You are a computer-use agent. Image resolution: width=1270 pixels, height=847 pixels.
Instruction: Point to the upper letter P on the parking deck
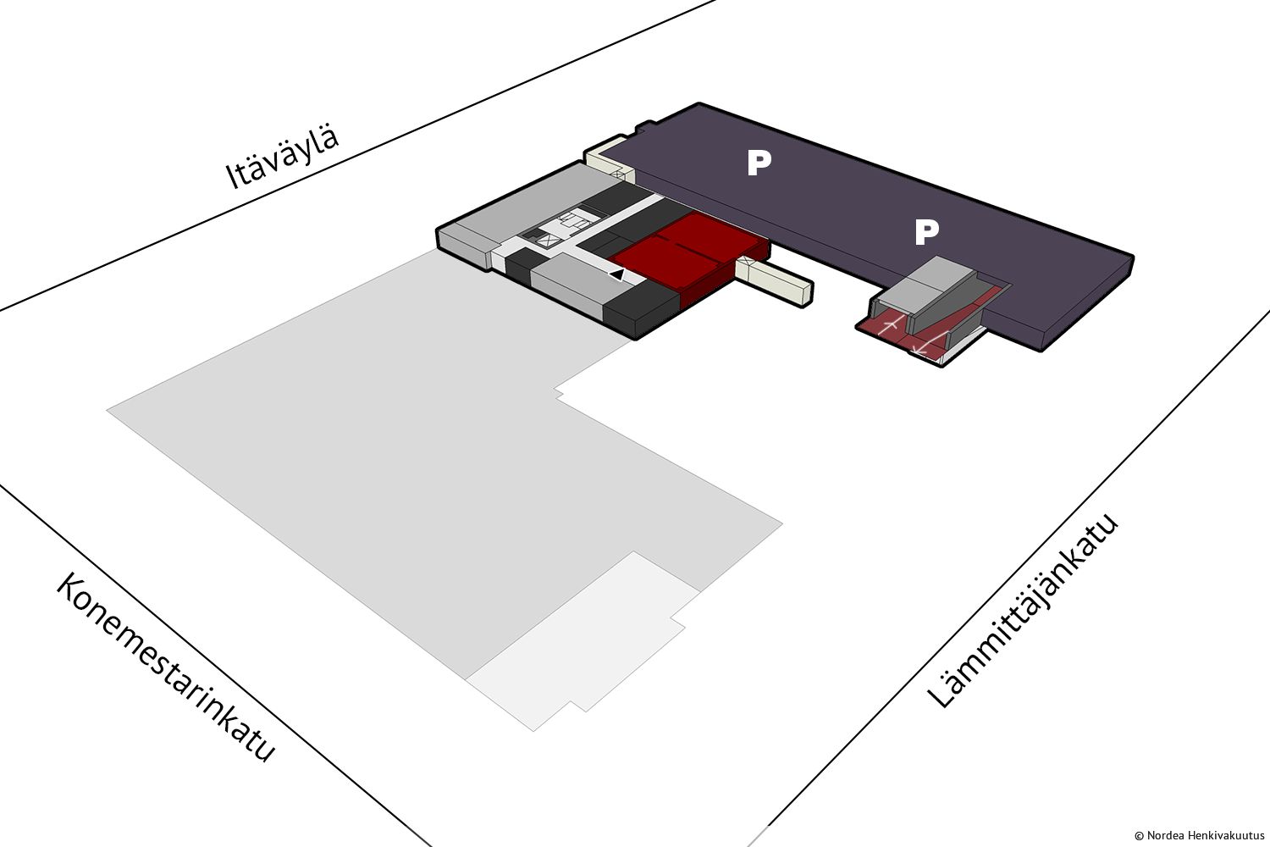(759, 163)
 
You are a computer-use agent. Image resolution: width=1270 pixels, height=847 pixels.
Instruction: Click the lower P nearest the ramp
(927, 233)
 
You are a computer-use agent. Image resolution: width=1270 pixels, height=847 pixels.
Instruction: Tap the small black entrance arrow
(617, 274)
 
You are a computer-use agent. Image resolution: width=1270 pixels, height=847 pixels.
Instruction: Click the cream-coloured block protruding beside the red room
(775, 281)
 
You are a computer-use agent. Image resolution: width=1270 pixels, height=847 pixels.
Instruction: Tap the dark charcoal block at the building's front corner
(642, 309)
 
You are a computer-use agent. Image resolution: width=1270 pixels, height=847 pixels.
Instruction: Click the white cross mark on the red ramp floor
(891, 325)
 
